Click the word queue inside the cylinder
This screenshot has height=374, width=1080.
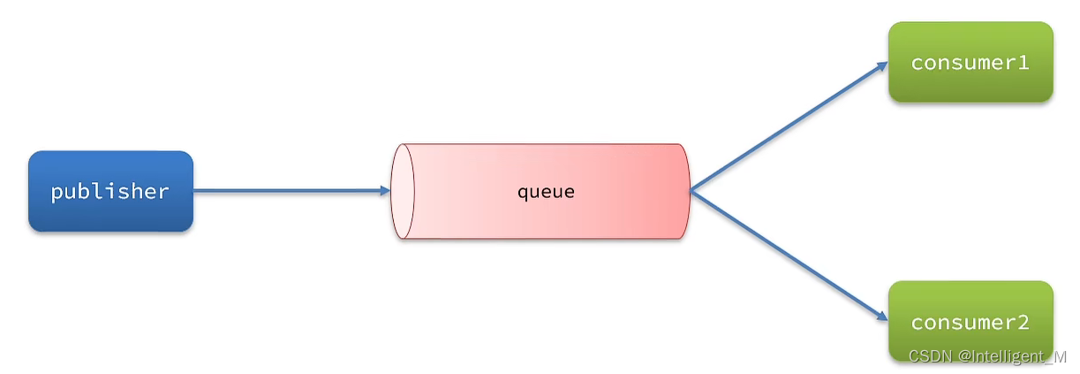coord(546,191)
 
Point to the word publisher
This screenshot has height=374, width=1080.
coord(110,191)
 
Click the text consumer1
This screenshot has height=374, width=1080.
coord(970,63)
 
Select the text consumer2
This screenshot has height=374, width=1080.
coord(970,322)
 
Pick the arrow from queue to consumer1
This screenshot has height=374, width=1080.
coord(786,126)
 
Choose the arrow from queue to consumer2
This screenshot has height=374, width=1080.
coord(786,255)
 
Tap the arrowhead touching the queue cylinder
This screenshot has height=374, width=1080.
coord(384,190)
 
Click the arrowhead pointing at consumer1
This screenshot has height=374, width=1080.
coord(881,65)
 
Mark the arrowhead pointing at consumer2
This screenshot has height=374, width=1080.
coord(881,317)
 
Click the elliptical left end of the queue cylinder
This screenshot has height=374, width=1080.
coord(403,191)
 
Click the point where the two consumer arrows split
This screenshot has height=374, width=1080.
coord(691,190)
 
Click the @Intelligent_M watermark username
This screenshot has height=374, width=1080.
coord(1012,355)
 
